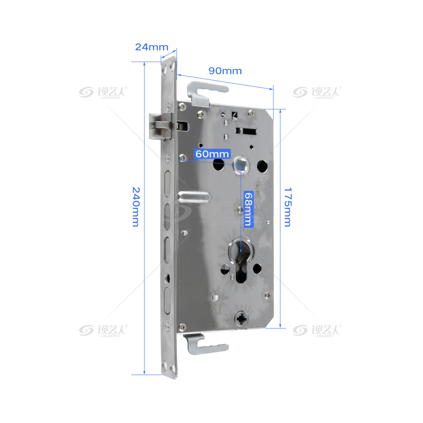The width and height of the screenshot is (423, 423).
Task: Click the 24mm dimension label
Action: (151, 47)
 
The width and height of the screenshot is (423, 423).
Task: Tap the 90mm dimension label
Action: (225, 71)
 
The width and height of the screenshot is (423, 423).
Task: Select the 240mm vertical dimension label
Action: (136, 207)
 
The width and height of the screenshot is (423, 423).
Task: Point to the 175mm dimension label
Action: (288, 207)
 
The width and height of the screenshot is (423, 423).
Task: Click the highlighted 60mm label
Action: (212, 154)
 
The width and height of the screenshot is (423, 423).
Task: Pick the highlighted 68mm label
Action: (249, 209)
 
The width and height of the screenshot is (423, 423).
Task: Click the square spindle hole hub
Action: (241, 165)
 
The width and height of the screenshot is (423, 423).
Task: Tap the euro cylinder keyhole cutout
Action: (241, 261)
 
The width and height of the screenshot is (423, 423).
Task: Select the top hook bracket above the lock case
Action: (205, 93)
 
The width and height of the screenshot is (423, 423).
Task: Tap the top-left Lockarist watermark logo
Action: (103, 92)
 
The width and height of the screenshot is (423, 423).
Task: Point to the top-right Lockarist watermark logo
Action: (317, 92)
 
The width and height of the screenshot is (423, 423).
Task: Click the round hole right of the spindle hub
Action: (262, 166)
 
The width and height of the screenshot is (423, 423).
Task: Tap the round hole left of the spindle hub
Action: (219, 165)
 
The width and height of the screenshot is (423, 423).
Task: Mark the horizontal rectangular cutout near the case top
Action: (246, 131)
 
